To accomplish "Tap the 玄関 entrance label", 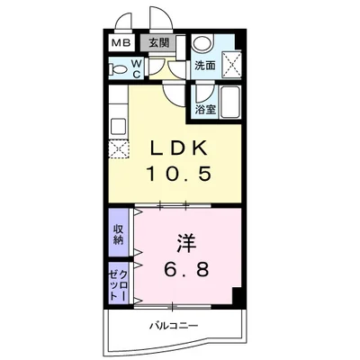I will click(x=157, y=42).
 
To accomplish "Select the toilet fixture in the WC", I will click(x=117, y=68).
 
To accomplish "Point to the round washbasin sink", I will click(x=204, y=42).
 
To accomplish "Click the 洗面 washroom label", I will click(x=205, y=65).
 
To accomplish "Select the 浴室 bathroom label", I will click(x=205, y=110).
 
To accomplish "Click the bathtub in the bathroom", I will click(x=230, y=103).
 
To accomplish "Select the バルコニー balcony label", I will click(x=176, y=324).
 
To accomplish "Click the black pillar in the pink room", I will click(x=237, y=298).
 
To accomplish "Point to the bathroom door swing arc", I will click(x=200, y=92).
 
